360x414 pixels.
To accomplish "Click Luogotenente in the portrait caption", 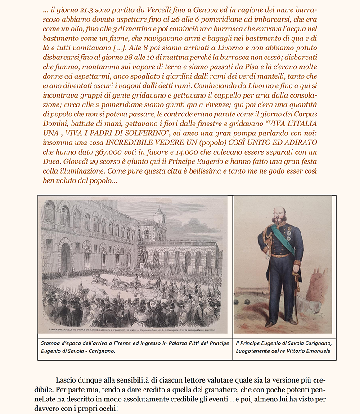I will pyautogui.click(x=256, y=351).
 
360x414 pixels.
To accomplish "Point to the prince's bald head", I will pyautogui.click(x=280, y=209).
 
